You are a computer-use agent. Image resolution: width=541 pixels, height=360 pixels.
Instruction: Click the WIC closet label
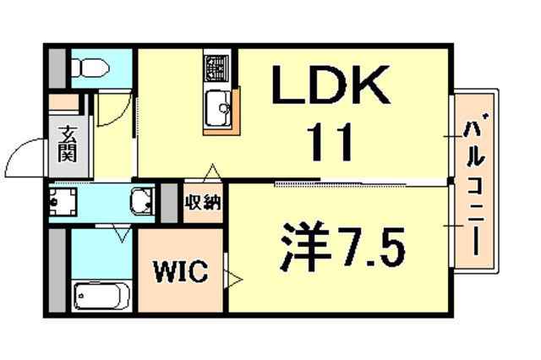click(180, 272)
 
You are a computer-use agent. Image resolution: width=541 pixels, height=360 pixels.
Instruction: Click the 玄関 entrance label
click(67, 144)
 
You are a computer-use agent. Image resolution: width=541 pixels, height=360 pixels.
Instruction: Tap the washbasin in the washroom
click(142, 203)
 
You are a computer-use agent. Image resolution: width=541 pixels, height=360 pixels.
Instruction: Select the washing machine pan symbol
click(62, 203)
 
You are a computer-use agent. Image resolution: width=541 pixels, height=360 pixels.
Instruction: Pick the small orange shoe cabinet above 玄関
click(63, 103)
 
